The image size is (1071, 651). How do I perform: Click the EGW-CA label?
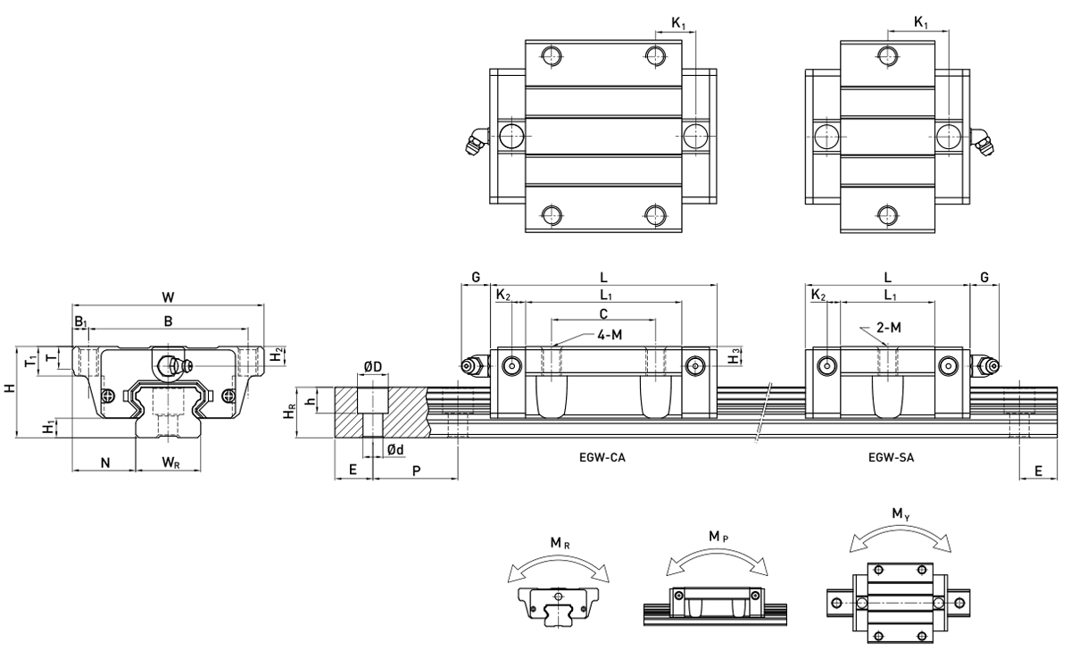click(602, 458)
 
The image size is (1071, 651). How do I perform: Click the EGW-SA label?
click(892, 458)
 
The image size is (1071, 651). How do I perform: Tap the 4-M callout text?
click(610, 335)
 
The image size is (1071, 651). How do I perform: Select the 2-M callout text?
click(889, 328)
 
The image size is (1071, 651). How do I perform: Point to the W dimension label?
click(168, 297)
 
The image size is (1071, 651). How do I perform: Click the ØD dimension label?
click(373, 367)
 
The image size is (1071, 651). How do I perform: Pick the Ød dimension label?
click(395, 449)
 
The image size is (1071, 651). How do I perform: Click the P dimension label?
click(417, 471)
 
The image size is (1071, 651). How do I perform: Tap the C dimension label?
click(603, 313)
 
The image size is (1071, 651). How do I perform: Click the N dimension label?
click(105, 463)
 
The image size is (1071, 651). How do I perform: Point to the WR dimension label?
click(170, 463)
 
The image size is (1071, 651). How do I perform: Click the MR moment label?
click(560, 542)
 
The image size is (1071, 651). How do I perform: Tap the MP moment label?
click(718, 537)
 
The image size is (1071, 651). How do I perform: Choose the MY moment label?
click(901, 514)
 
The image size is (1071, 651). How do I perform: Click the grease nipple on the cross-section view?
click(173, 366)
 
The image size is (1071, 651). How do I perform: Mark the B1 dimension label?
click(81, 321)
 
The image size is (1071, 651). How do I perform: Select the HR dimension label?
click(289, 412)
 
